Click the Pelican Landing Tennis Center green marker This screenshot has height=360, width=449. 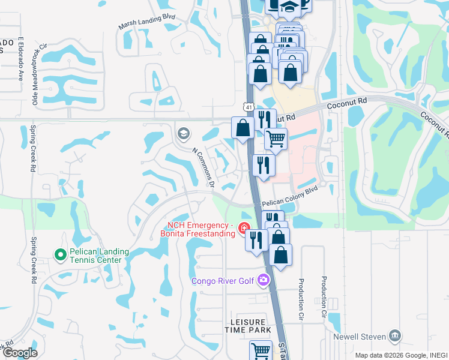(x=60, y=255)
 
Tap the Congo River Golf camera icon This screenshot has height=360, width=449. (x=263, y=280)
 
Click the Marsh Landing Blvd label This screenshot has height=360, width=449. (x=147, y=21)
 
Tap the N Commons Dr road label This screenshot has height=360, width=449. (x=203, y=167)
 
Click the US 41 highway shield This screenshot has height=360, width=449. (x=247, y=106)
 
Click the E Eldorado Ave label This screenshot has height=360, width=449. (x=20, y=58)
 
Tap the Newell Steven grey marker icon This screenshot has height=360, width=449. (x=395, y=335)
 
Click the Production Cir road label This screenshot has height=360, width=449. (x=324, y=296)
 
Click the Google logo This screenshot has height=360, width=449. (x=20, y=353)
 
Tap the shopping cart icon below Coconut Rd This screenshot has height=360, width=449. (x=276, y=139)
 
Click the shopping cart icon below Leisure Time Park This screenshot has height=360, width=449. (x=261, y=350)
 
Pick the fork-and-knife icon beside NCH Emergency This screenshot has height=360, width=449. (x=256, y=240)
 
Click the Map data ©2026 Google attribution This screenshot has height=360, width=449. (x=399, y=355)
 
